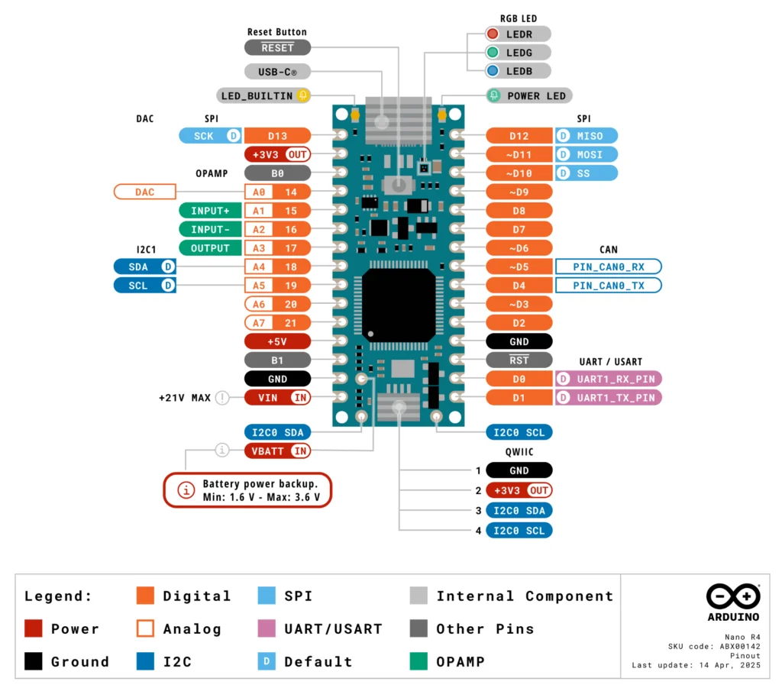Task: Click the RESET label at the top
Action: (x=277, y=47)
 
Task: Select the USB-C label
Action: (x=277, y=72)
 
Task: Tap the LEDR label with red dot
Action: (x=519, y=34)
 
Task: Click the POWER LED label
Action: (x=528, y=96)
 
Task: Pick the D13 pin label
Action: (x=277, y=136)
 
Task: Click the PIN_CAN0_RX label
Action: (x=607, y=266)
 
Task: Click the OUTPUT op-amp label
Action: (x=210, y=248)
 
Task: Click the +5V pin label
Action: (x=277, y=341)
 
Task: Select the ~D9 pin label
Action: (x=519, y=192)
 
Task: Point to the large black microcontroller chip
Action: (x=399, y=305)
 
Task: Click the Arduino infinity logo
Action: (x=732, y=596)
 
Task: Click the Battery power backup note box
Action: (x=247, y=490)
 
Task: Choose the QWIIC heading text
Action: (x=519, y=451)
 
